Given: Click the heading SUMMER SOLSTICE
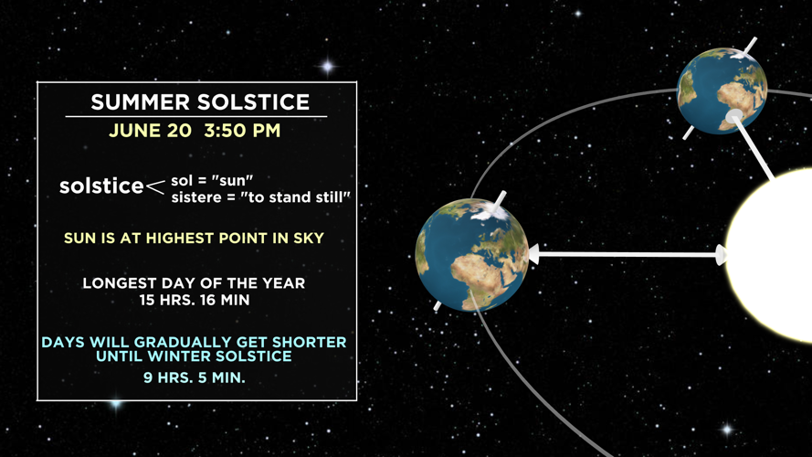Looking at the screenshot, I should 200,101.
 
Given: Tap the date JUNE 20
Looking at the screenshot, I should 150,131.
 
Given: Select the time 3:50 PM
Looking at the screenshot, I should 242,131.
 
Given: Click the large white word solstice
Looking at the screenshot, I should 100,186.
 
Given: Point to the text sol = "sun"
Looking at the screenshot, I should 212,180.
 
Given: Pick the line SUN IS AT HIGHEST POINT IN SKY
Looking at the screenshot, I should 194,239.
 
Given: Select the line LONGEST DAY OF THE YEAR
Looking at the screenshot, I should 194,283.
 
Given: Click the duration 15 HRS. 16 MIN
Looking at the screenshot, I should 194,300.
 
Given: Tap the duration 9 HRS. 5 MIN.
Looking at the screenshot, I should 194,377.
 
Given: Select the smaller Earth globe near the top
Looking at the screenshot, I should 722,91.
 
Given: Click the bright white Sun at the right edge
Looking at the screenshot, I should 776,256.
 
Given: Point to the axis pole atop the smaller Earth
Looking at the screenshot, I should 749,48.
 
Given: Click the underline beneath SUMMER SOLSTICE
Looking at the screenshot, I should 195,116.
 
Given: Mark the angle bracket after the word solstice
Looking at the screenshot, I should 156,186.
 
